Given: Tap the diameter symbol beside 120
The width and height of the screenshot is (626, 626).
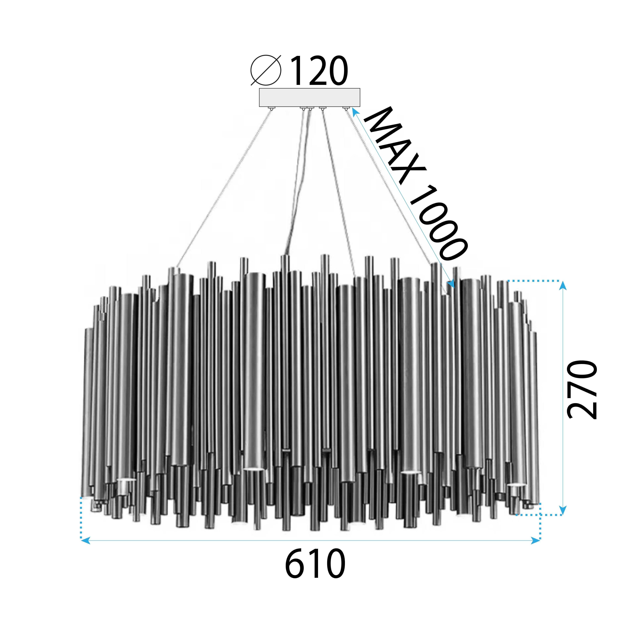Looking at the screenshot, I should [x=266, y=70].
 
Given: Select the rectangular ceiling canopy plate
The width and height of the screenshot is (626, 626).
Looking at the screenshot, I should [x=309, y=97].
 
